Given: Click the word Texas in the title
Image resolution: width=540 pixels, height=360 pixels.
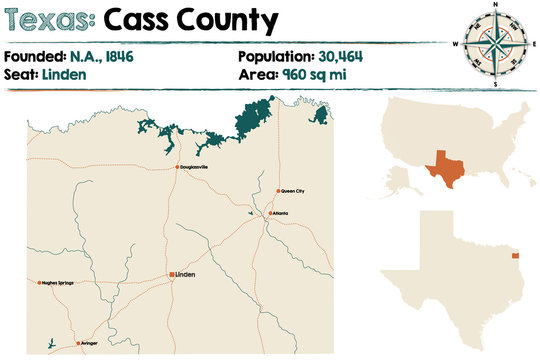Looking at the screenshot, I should click(50, 19).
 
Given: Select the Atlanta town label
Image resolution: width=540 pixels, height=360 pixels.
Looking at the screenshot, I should click(279, 213).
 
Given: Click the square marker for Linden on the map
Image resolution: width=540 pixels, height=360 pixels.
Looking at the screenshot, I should click(172, 273).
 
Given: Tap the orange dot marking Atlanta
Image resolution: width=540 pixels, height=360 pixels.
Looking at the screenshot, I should click(267, 213).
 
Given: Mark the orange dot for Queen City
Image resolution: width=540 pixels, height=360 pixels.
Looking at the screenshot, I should click(278, 190).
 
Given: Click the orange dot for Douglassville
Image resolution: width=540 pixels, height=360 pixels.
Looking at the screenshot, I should click(177, 167).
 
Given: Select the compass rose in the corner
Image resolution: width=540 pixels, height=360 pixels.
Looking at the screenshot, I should click(495, 44).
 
